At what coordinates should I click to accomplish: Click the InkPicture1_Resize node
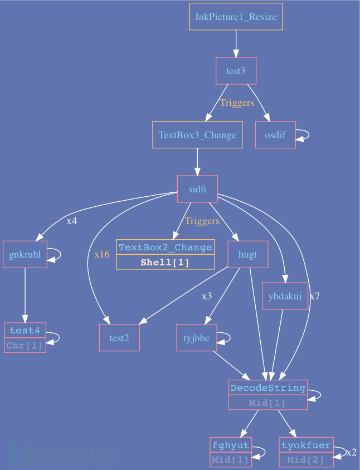click(236, 17)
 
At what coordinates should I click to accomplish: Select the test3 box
click(236, 71)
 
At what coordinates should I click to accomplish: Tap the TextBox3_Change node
click(197, 135)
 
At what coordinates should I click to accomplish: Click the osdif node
click(275, 135)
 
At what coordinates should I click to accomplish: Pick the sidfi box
click(197, 190)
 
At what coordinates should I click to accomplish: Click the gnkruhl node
click(25, 255)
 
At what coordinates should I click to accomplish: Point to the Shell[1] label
click(166, 263)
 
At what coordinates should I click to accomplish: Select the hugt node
click(248, 255)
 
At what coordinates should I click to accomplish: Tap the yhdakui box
click(285, 296)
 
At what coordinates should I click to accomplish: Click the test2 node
click(119, 338)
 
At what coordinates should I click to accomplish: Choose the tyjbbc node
click(196, 338)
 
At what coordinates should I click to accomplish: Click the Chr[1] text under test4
click(25, 346)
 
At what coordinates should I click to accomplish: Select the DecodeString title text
click(267, 387)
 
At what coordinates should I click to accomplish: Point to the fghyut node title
click(231, 445)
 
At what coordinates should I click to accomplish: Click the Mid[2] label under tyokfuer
click(306, 460)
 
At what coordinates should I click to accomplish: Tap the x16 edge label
click(102, 254)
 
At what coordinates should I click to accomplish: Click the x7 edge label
click(314, 296)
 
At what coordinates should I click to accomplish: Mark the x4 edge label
click(72, 221)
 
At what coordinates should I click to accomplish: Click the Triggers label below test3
click(237, 103)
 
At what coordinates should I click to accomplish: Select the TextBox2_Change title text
click(166, 248)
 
